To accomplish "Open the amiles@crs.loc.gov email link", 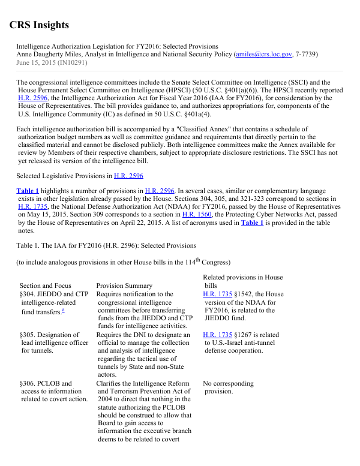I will [x=263, y=54].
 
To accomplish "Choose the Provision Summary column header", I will [x=124, y=285].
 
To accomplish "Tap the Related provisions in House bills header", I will [x=242, y=281].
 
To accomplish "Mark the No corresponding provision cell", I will [x=228, y=387].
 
